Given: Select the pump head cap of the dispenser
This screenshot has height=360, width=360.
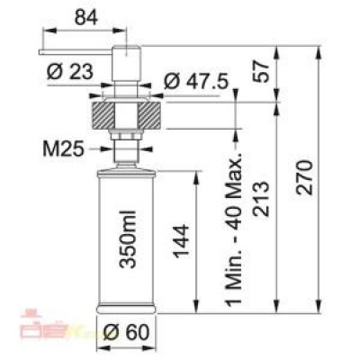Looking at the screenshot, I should [125, 58].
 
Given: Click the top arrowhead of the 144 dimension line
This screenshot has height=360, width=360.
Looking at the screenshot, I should [194, 171].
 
